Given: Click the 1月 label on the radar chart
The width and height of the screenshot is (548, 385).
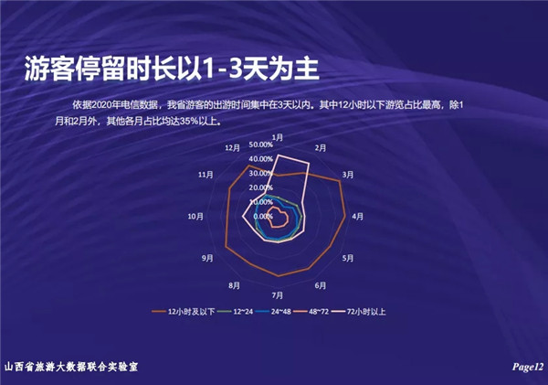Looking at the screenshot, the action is tap(278, 137).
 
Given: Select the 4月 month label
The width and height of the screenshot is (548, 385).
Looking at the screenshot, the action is tap(357, 217).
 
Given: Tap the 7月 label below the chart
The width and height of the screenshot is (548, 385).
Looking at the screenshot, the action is tap(278, 295).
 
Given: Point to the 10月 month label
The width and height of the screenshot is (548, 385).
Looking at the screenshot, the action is tap(195, 217).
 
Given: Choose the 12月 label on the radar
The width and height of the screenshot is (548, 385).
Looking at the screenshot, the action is tap(232, 148).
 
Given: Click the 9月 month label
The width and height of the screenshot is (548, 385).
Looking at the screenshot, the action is tap(207, 258).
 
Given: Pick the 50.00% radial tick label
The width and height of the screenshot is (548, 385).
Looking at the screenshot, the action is tap(260, 144).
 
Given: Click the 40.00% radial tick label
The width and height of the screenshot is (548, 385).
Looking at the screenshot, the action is tap(260, 159).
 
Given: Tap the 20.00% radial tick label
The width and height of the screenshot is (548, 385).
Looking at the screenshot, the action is tap(260, 187).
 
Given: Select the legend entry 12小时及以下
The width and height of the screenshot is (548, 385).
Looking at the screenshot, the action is tap(184, 312).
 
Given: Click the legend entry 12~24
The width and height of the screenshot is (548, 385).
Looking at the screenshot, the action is tap(236, 312).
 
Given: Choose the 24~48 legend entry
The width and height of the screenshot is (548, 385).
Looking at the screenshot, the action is tap(273, 312).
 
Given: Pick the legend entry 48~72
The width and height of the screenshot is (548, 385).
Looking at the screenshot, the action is tap(311, 312).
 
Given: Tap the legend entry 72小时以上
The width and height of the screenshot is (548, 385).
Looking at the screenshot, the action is tap(359, 312).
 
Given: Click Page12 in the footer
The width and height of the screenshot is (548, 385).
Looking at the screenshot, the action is tap(528, 367).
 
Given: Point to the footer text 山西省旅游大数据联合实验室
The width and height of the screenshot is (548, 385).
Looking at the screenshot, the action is tap(71, 367).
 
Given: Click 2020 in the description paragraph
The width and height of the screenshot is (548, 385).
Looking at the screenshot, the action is tap(102, 104).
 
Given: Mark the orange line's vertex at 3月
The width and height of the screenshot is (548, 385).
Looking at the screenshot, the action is tap(340, 181).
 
